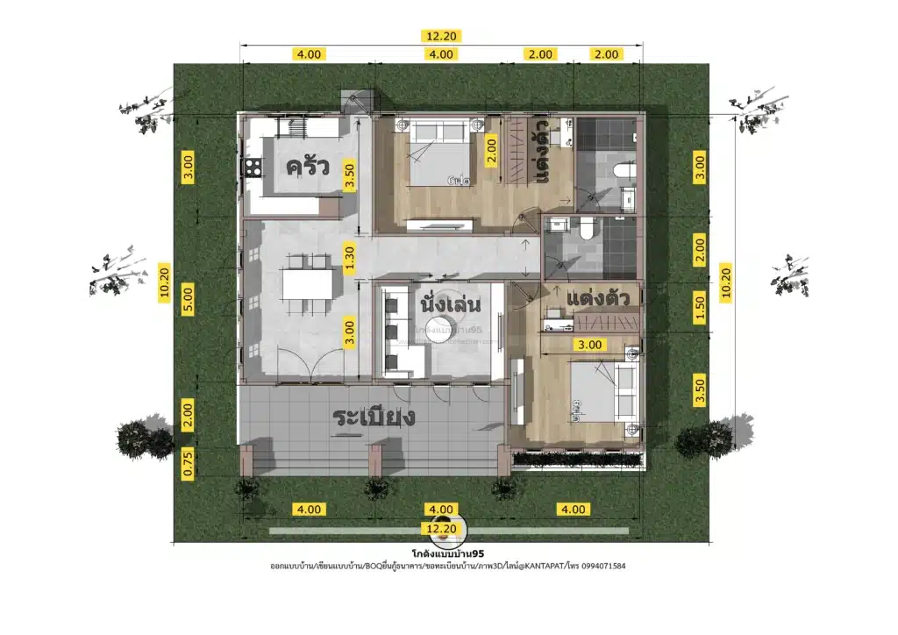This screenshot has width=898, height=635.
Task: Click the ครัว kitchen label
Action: (x=307, y=167)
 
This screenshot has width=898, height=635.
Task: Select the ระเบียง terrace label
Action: (x=374, y=417)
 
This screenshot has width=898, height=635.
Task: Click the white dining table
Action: (x=307, y=285)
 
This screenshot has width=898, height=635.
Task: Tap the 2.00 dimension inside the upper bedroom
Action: (x=491, y=155)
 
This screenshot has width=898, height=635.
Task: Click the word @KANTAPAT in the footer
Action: (x=550, y=567)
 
